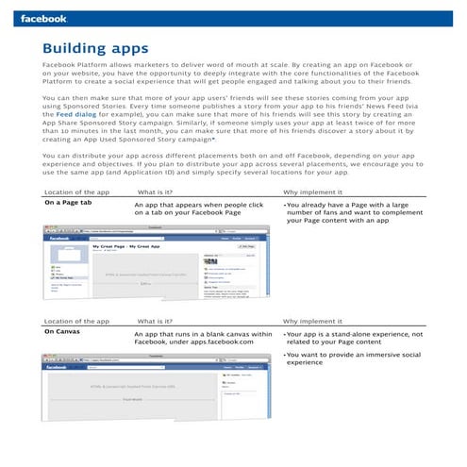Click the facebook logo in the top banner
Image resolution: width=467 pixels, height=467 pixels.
click(x=43, y=17)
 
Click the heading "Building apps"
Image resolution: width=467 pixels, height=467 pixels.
click(x=95, y=47)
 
